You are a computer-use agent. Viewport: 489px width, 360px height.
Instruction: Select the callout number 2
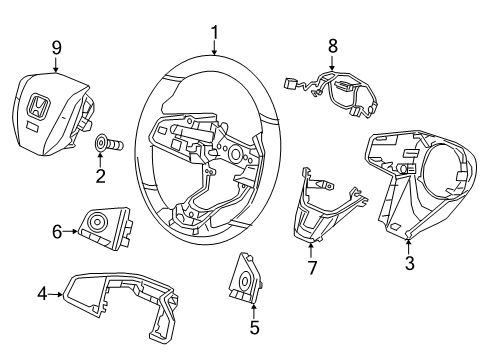tap(100, 177)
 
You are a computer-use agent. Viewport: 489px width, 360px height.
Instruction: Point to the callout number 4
tap(43, 294)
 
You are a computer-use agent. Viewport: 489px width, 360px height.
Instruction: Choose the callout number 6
tap(56, 232)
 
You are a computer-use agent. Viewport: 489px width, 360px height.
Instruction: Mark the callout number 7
tap(311, 267)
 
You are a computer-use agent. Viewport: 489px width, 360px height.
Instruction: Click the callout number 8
tap(333, 45)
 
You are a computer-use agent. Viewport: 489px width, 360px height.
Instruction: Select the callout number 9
tap(57, 45)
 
